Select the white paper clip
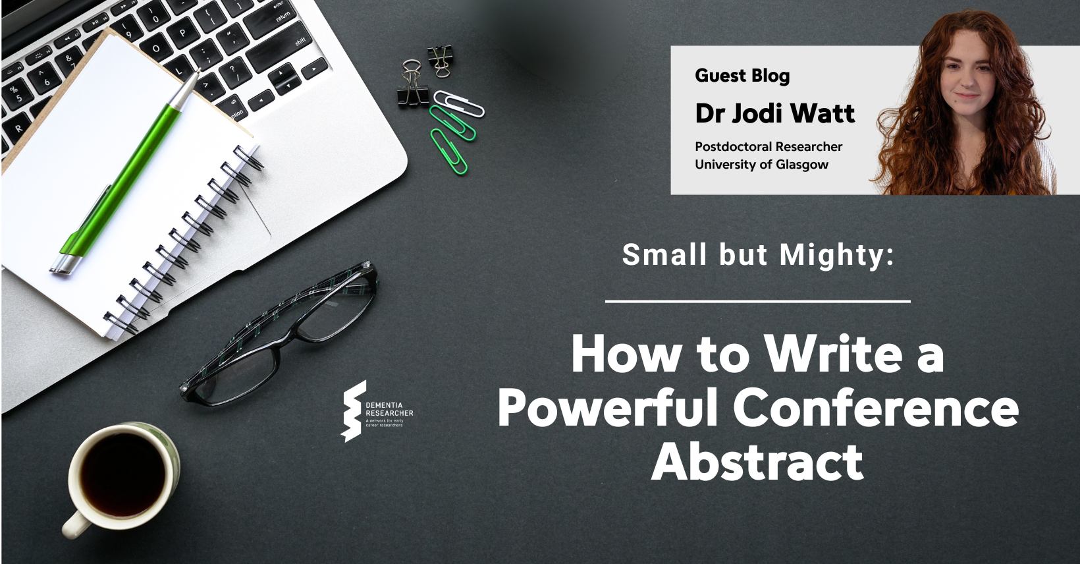[x=458, y=103]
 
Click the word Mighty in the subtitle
[x=837, y=255]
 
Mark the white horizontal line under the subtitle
[x=757, y=302]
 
